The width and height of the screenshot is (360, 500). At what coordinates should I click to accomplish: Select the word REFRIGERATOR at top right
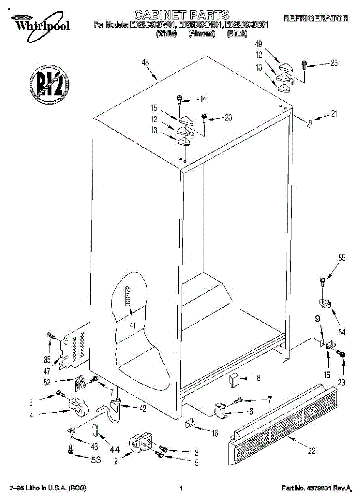pos(315,18)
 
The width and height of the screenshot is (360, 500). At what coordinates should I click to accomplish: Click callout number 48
pos(145,63)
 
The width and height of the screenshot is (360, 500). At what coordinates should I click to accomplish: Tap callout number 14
pos(203,99)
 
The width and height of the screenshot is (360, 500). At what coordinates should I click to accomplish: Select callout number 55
pos(342,258)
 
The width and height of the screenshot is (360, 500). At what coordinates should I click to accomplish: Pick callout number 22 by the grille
pos(312,450)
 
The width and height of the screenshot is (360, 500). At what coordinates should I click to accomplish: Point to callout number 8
pos(258,379)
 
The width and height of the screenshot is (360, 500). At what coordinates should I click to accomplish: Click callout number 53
pos(95,460)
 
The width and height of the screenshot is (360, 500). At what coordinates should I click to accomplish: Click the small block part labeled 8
pos(233,380)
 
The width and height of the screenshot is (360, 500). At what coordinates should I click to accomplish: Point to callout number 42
pos(142,409)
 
